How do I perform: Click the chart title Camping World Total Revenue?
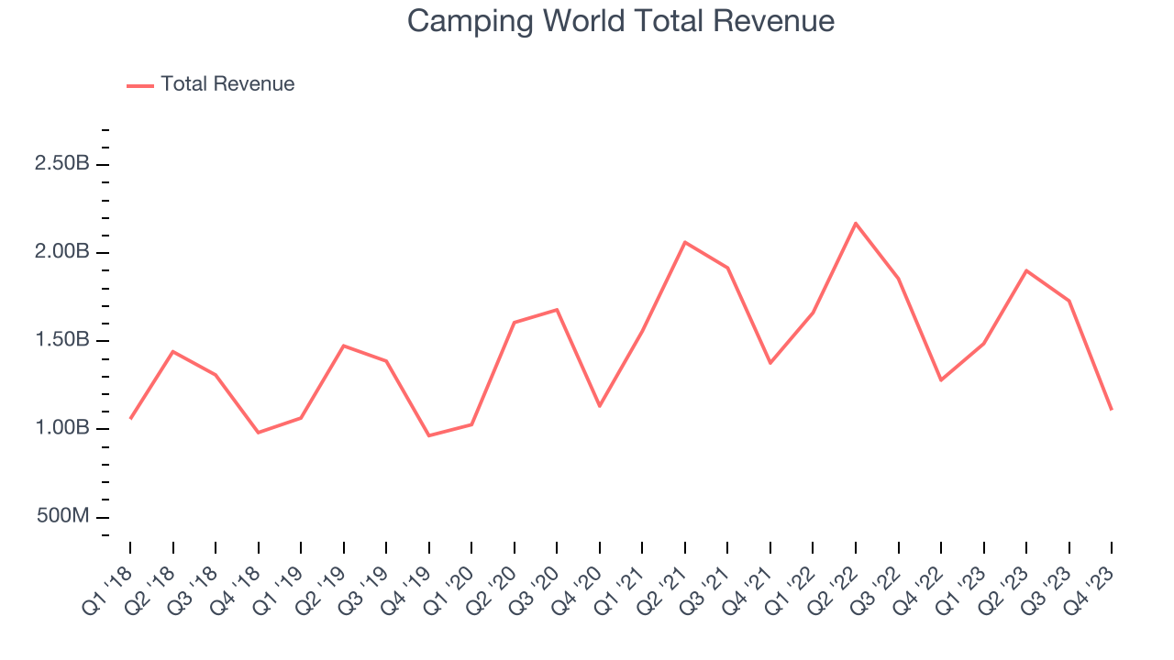(621, 21)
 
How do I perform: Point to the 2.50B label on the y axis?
(61, 164)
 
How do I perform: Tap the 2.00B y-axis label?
(61, 252)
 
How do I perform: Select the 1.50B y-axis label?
(61, 340)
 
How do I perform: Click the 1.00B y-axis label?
(61, 428)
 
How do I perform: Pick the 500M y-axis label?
(63, 516)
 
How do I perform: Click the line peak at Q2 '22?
(856, 223)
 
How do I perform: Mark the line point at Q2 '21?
(685, 242)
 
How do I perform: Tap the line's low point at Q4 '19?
(429, 435)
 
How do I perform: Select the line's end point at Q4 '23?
(1112, 409)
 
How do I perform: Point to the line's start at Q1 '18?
(130, 419)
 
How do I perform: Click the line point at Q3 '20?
(557, 310)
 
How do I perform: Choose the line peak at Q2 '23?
(1026, 270)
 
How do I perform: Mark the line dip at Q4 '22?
(941, 379)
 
